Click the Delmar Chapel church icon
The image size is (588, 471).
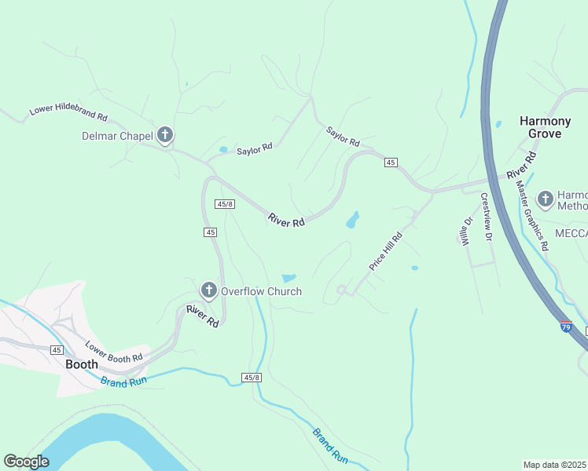click(165, 136)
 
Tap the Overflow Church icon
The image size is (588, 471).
click(209, 291)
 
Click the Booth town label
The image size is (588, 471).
click(82, 364)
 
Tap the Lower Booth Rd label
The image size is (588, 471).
click(114, 351)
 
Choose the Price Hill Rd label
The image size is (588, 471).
click(387, 252)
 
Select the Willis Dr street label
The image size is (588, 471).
click(465, 231)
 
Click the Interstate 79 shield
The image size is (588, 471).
click(566, 326)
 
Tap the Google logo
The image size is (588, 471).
click(26, 462)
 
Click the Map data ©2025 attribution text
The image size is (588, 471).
click(555, 465)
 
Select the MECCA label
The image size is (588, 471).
click(571, 234)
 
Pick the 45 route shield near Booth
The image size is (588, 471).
click(57, 349)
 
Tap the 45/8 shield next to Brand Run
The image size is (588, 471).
click(252, 378)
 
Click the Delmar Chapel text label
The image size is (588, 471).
click(117, 136)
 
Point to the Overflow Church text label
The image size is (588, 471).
click(261, 291)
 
